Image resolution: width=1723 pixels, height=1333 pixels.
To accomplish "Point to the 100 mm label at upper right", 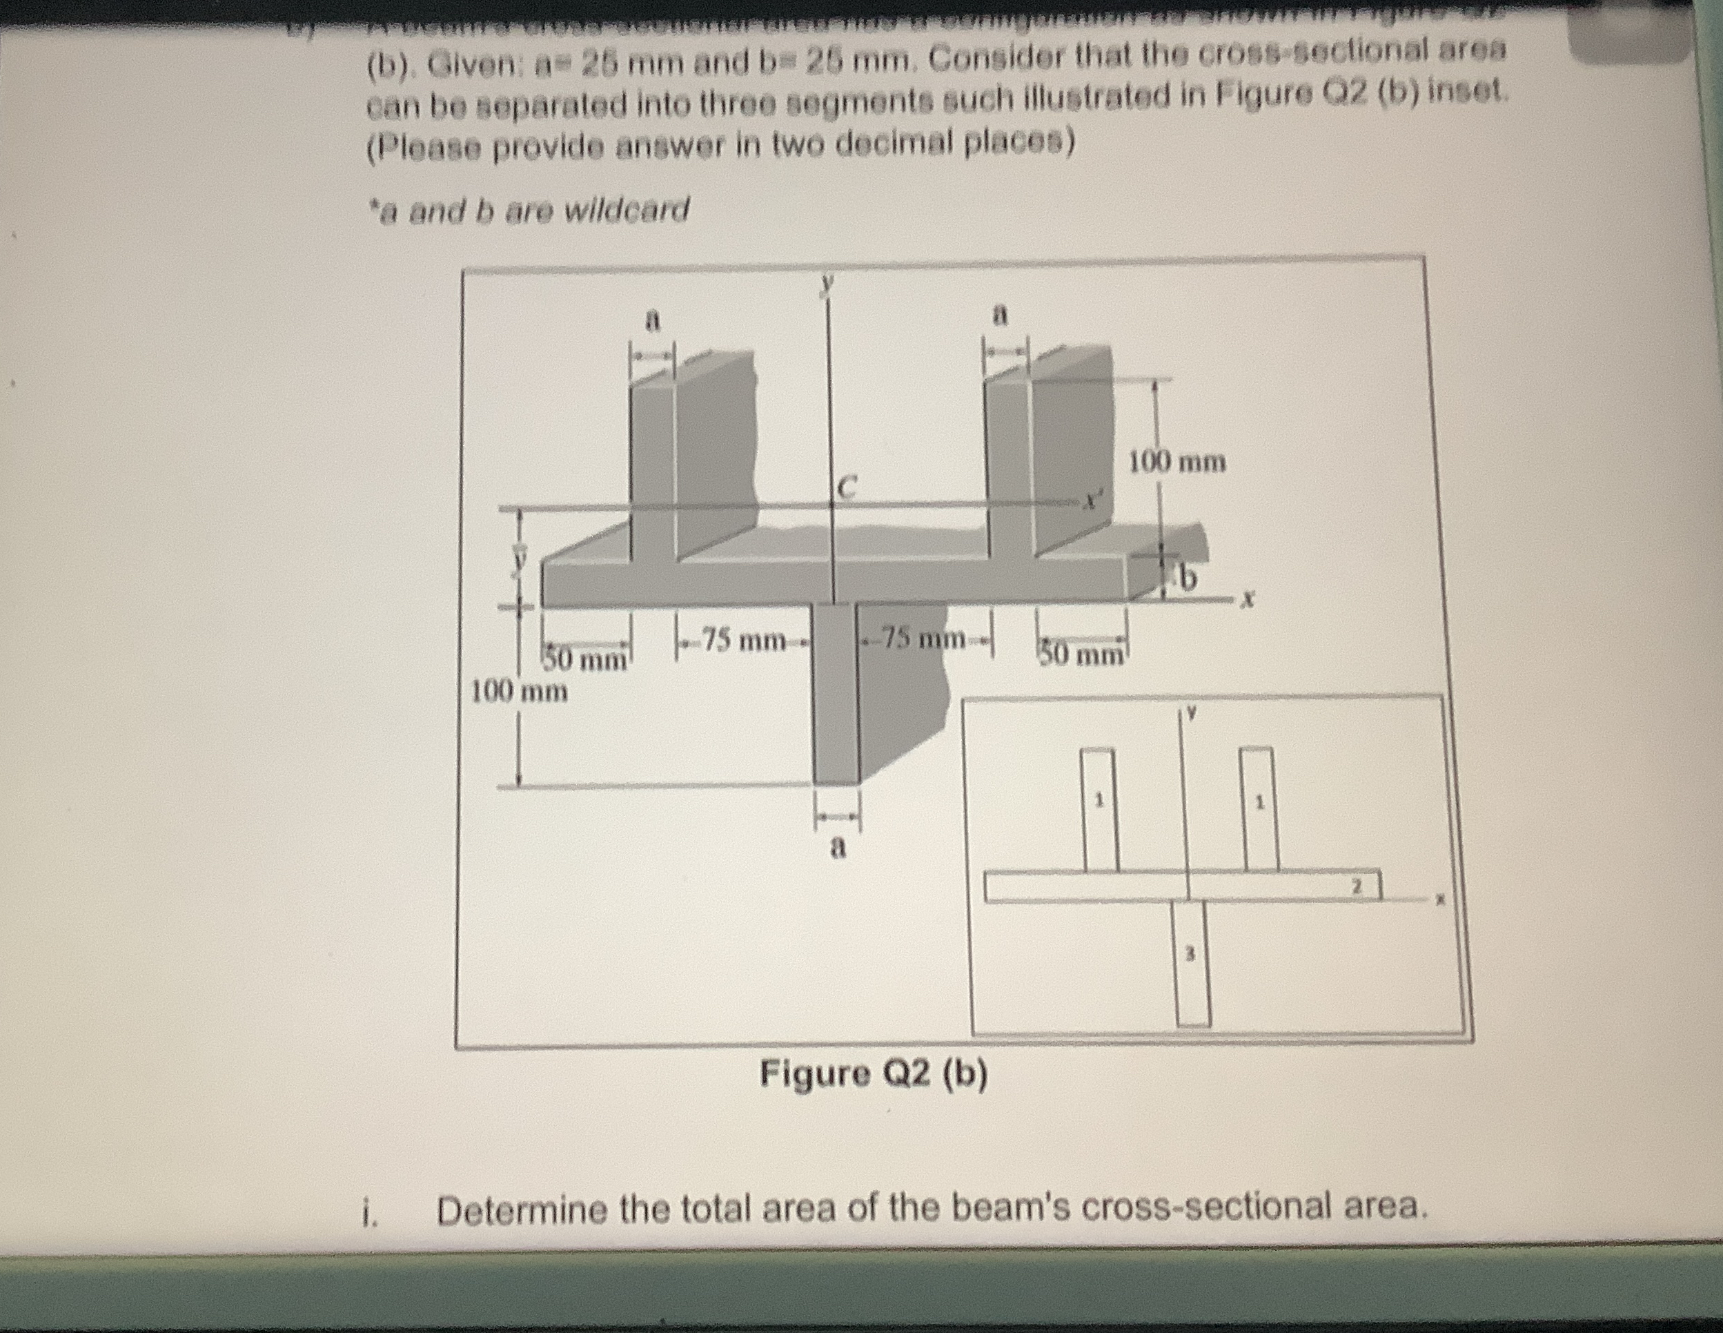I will click(1177, 461).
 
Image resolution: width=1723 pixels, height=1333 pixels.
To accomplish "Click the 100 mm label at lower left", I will click(518, 692).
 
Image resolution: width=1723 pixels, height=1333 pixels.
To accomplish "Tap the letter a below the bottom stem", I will click(838, 848).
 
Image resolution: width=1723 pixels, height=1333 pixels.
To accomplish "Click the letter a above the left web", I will click(651, 320).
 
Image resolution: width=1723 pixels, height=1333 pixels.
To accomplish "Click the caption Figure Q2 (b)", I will click(873, 1073).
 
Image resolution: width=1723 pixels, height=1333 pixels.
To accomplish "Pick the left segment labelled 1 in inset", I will click(1097, 801).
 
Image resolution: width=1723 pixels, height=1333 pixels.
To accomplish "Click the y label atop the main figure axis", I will click(827, 282).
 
